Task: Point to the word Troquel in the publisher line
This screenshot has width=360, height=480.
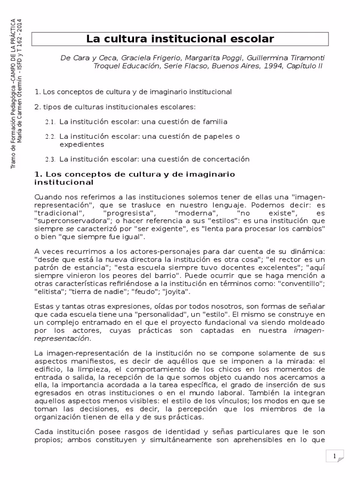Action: coord(107,66)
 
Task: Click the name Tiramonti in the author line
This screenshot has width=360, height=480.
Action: coord(308,58)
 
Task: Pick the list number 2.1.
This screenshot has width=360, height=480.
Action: coord(51,122)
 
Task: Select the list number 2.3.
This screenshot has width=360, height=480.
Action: coord(51,159)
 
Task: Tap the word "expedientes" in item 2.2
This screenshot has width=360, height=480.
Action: coord(82,144)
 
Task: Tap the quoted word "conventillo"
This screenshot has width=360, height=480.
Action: coord(299,284)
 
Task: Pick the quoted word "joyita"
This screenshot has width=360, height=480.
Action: coord(175,291)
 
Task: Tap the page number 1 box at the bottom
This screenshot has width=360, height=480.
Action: coord(334,456)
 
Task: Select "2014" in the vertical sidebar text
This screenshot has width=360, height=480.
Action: coord(19,29)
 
